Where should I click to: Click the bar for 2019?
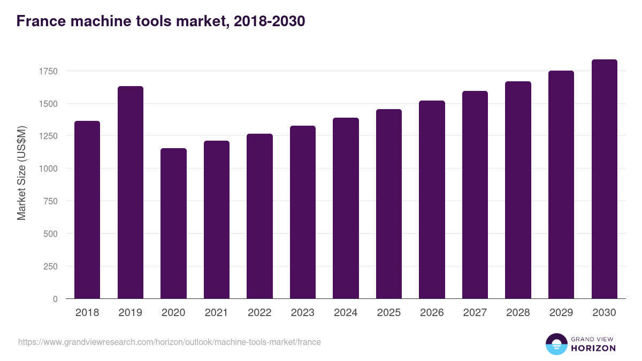point(131,193)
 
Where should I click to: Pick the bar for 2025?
point(389,204)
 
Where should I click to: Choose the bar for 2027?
point(475,195)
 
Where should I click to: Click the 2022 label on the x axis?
point(259,313)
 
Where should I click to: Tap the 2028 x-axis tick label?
point(518,313)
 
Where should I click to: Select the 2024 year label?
point(346,313)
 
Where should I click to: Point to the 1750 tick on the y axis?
point(48,71)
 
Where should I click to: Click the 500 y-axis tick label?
point(51,234)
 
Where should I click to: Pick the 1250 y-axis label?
point(48,136)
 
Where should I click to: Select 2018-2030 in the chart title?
point(269,21)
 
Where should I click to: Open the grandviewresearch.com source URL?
point(170,342)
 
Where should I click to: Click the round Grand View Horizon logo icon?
point(556,344)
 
